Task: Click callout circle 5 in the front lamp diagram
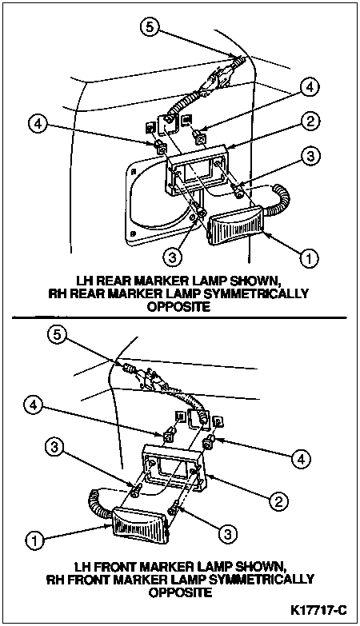(58, 335)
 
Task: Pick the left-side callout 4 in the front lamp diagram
(34, 406)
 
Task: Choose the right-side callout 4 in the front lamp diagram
(300, 460)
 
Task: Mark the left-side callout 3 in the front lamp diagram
(55, 448)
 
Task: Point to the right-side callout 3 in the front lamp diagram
(227, 534)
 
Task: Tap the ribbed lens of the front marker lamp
(140, 526)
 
